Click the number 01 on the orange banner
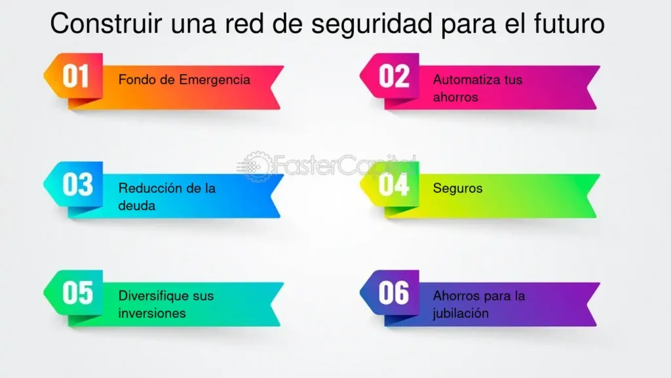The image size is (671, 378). [76, 76]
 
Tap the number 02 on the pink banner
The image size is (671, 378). [394, 76]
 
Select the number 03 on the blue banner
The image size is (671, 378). [77, 184]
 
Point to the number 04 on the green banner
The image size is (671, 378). [394, 184]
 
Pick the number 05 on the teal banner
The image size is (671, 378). [77, 293]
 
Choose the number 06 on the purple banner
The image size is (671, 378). [394, 293]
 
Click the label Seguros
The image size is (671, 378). [457, 188]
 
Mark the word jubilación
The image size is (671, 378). [461, 314]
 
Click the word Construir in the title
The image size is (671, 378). [106, 23]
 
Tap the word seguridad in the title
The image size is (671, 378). [372, 24]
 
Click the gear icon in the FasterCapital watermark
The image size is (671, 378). [257, 166]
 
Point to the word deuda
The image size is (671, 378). [136, 205]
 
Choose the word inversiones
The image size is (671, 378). [152, 313]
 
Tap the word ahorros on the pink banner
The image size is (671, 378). [455, 97]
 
